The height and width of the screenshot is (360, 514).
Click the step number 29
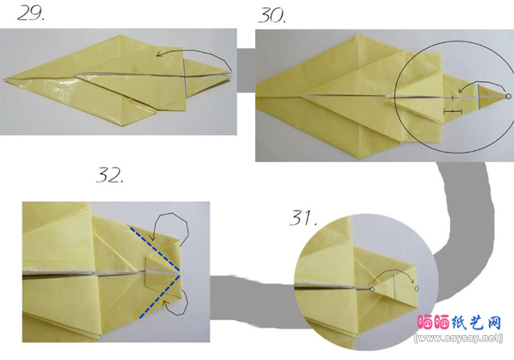click(31, 14)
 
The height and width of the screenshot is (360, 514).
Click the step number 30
click(272, 15)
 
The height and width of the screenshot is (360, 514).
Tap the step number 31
click(303, 217)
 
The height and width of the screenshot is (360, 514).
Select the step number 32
click(109, 175)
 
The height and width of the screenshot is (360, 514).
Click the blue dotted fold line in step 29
click(185, 78)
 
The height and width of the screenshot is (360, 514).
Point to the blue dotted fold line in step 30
click(478, 97)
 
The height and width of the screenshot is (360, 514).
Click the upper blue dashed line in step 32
click(155, 249)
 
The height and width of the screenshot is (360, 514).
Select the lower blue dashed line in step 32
click(160, 296)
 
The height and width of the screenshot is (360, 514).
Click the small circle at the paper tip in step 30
click(508, 96)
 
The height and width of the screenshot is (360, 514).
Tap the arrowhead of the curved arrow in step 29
click(159, 55)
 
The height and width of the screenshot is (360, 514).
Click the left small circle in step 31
click(372, 289)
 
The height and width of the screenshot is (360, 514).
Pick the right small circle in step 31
click(417, 289)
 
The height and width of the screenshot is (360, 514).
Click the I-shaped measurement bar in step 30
click(453, 112)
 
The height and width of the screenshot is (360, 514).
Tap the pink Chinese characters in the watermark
click(434, 323)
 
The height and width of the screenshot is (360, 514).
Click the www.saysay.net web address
click(458, 338)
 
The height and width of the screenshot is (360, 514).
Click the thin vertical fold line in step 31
click(395, 285)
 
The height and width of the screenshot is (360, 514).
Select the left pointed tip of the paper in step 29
click(5, 80)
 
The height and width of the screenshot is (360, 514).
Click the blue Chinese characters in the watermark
click(477, 323)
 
